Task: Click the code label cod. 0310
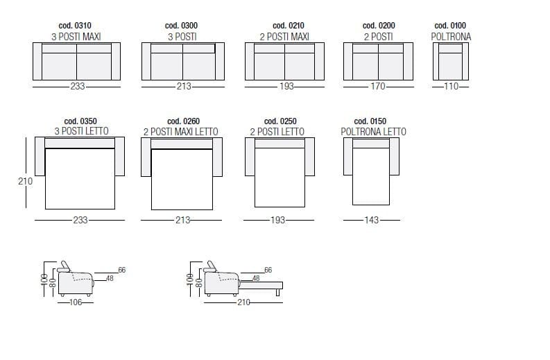coord(75,26)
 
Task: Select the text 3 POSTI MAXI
coord(76,37)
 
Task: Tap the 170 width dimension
coord(378,86)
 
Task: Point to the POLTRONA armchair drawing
coord(451,62)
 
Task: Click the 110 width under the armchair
coord(451,86)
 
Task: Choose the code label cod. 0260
coord(184,121)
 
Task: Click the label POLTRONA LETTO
coord(374,132)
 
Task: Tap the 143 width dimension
coord(372,220)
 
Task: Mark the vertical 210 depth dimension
coord(25,182)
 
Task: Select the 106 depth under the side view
coord(76,302)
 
